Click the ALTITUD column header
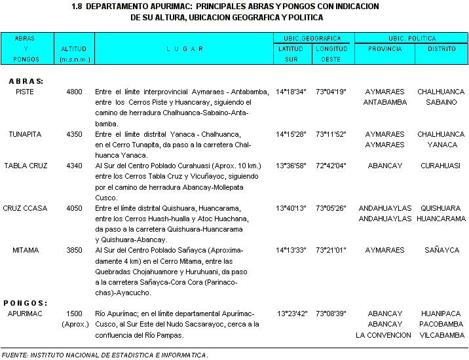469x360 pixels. [74, 49]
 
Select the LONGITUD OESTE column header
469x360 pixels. [331, 54]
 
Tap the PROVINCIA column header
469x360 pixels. [385, 49]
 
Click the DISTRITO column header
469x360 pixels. [441, 49]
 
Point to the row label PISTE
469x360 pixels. [25, 92]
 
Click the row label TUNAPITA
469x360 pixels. [25, 134]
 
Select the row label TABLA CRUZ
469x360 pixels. [26, 166]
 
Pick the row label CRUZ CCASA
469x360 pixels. [25, 208]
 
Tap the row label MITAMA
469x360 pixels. [25, 250]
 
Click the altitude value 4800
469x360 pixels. [74, 92]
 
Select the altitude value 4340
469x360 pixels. [74, 166]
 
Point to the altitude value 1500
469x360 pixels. [74, 314]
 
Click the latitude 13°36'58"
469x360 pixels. [291, 166]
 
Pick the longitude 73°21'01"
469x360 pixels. [331, 250]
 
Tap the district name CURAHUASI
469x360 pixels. [441, 166]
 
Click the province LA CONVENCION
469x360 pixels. [384, 335]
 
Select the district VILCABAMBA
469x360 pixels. [441, 335]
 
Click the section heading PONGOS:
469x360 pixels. [26, 303]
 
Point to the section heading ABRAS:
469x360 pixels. [26, 81]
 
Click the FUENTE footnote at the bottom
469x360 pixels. [105, 355]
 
